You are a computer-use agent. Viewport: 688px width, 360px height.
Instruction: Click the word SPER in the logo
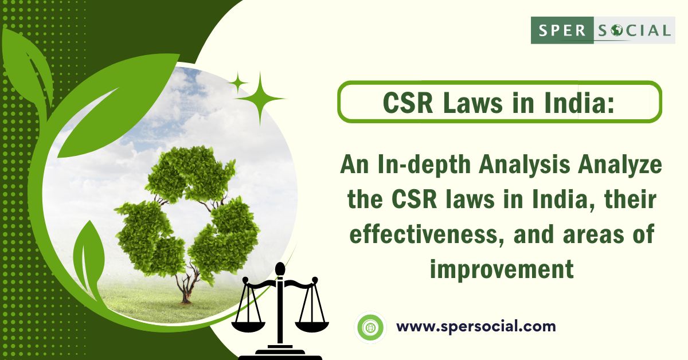(x=562, y=30)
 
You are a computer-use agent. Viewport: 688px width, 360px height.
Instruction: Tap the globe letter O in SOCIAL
(x=616, y=30)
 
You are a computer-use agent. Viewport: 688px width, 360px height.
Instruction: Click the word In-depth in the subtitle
(x=424, y=165)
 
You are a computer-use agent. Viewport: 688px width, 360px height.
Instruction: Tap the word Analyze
(x=620, y=165)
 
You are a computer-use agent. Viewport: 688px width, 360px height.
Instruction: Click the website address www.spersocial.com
(x=476, y=326)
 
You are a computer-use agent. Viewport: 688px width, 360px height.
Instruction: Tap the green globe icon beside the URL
(x=370, y=327)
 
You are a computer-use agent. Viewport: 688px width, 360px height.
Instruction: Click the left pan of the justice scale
(x=248, y=326)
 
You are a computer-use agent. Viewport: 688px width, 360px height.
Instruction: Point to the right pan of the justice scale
(x=311, y=326)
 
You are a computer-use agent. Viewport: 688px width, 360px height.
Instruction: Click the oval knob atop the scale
(x=280, y=269)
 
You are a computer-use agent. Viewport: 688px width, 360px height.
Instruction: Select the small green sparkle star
(x=238, y=83)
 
